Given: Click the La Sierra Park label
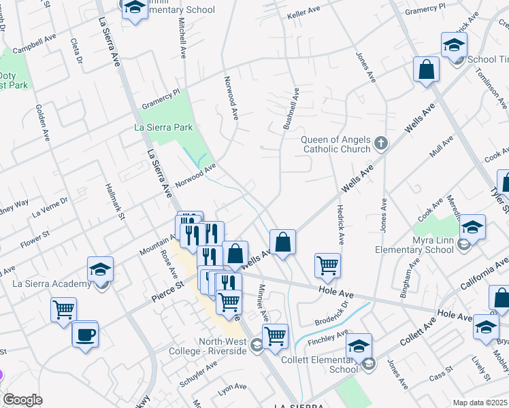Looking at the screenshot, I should [x=163, y=127].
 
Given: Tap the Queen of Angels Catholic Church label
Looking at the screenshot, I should [x=336, y=144].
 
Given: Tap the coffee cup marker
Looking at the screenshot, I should [x=85, y=335].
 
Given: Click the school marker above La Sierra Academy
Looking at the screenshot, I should [x=100, y=269].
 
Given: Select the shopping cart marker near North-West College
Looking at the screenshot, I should [x=275, y=335].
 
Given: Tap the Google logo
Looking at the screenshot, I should [x=22, y=400].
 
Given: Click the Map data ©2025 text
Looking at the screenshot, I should [x=480, y=403].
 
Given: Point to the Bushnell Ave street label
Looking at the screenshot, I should [x=291, y=109].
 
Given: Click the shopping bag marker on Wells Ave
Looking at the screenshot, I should [x=282, y=241].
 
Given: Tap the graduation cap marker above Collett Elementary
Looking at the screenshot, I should [x=359, y=346].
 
